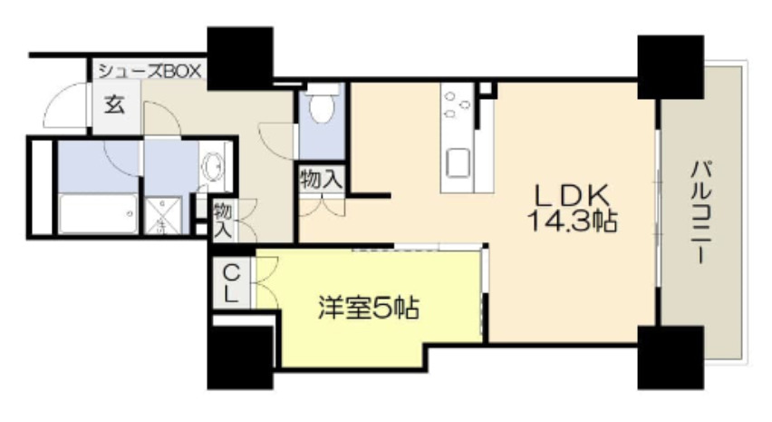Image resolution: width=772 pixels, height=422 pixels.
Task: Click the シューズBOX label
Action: click(150, 71)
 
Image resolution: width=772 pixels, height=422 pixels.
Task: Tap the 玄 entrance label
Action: click(114, 104)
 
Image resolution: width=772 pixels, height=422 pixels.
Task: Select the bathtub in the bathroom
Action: click(98, 213)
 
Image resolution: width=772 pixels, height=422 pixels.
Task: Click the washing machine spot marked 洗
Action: click(161, 216)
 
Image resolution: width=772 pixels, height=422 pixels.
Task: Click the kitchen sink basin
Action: click(458, 162)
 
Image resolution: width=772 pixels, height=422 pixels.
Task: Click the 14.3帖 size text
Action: click(573, 221)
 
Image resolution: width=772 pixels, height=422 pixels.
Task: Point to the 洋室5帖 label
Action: click(368, 309)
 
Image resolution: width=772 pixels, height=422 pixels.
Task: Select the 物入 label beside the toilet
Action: click(321, 179)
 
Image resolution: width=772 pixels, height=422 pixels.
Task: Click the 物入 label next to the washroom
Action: click(223, 221)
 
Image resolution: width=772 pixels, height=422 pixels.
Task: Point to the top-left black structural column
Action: click(240, 58)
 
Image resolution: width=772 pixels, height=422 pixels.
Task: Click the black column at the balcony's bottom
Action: click(671, 357)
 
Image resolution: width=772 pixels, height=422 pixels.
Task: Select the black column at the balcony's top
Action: click(671, 66)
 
